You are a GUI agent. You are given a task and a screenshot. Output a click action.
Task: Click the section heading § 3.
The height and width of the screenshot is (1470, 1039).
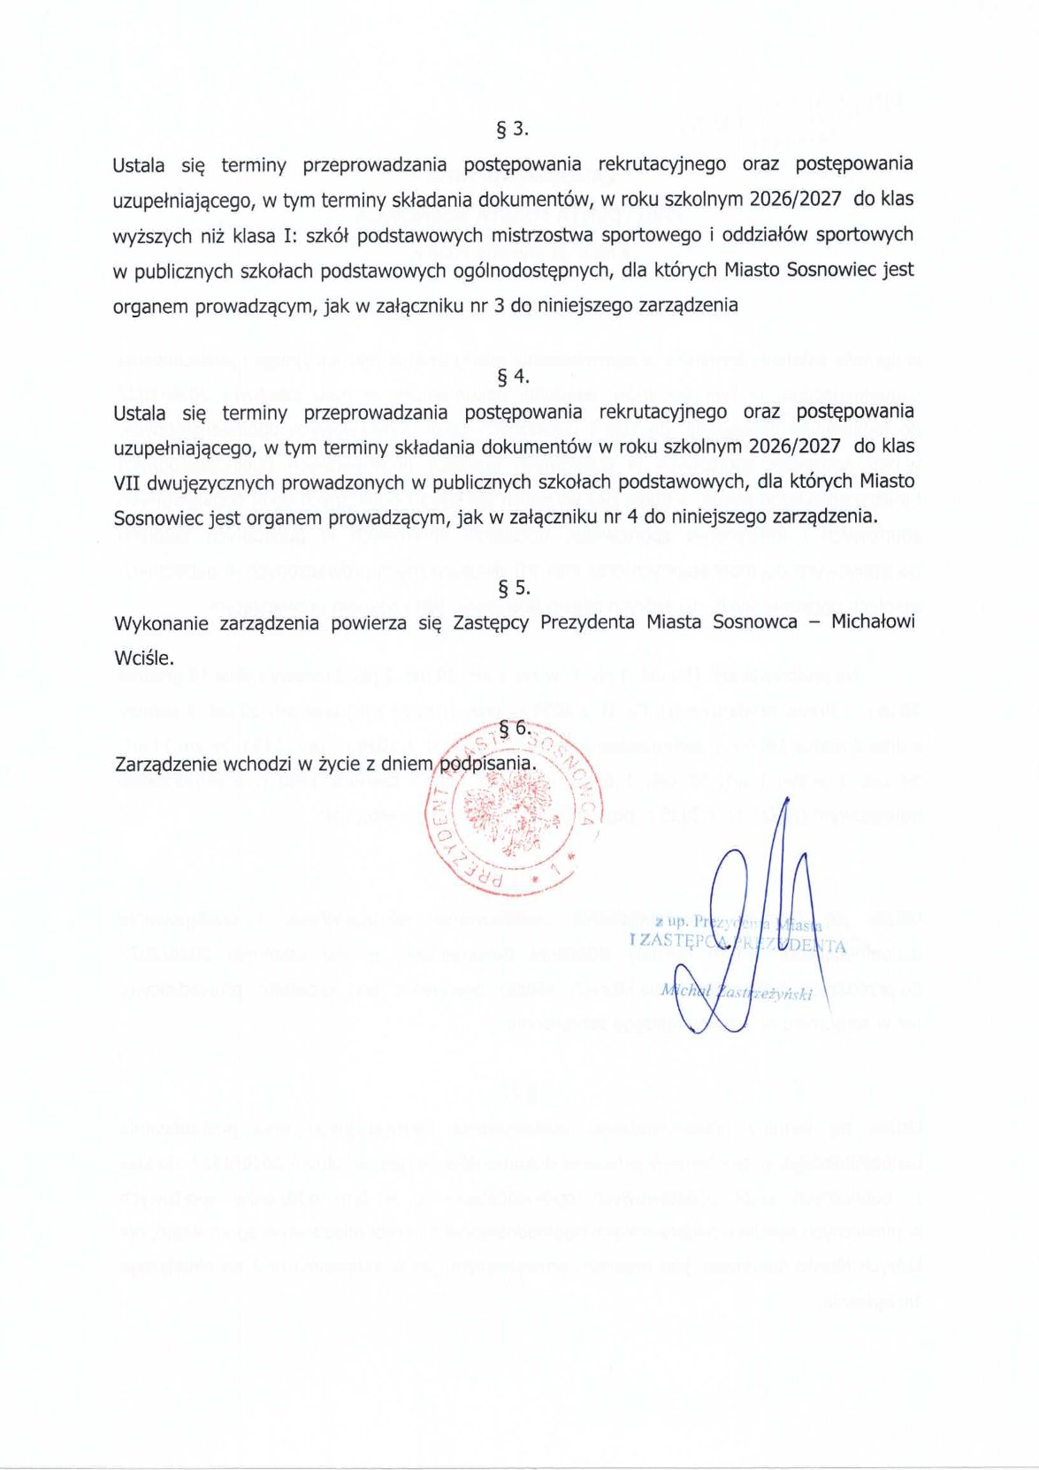[514, 129]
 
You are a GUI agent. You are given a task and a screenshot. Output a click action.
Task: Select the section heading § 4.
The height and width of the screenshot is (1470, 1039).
[514, 377]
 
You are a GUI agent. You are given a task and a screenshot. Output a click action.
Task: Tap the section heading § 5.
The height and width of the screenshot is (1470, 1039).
[514, 588]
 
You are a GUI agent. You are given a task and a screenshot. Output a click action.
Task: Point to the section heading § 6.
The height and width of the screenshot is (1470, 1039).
[514, 728]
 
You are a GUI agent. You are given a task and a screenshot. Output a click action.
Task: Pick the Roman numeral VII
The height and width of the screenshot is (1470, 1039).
[128, 483]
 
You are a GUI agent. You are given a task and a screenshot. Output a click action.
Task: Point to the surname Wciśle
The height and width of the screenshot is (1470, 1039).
[144, 659]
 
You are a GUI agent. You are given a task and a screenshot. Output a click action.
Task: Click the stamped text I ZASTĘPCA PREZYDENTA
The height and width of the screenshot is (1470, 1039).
[737, 943]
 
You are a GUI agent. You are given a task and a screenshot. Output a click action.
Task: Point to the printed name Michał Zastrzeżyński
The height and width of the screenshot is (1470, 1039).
[736, 993]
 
